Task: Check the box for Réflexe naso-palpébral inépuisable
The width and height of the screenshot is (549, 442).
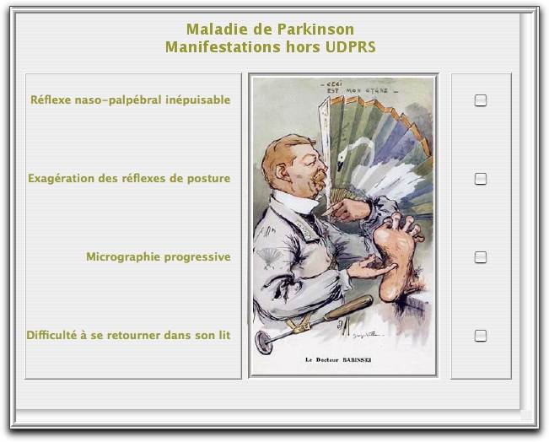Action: click(x=481, y=100)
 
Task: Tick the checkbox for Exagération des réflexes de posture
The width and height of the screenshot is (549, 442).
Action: click(x=481, y=179)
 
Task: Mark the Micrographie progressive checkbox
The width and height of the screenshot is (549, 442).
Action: click(x=481, y=257)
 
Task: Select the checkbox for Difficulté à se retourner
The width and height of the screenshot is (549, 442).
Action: click(x=481, y=336)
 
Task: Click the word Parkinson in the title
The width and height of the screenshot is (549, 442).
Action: click(x=315, y=29)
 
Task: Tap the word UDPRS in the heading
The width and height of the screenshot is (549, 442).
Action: click(x=350, y=47)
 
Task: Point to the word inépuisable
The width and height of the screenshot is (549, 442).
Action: click(x=198, y=100)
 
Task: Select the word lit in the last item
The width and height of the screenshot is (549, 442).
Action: click(x=224, y=335)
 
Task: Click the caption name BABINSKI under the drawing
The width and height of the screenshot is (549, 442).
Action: click(x=357, y=359)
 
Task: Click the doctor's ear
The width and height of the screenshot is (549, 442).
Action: click(x=281, y=171)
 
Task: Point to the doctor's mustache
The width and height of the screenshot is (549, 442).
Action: click(x=320, y=177)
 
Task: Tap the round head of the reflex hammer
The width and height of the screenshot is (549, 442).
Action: click(x=264, y=342)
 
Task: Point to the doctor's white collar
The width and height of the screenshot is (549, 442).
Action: click(x=294, y=202)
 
